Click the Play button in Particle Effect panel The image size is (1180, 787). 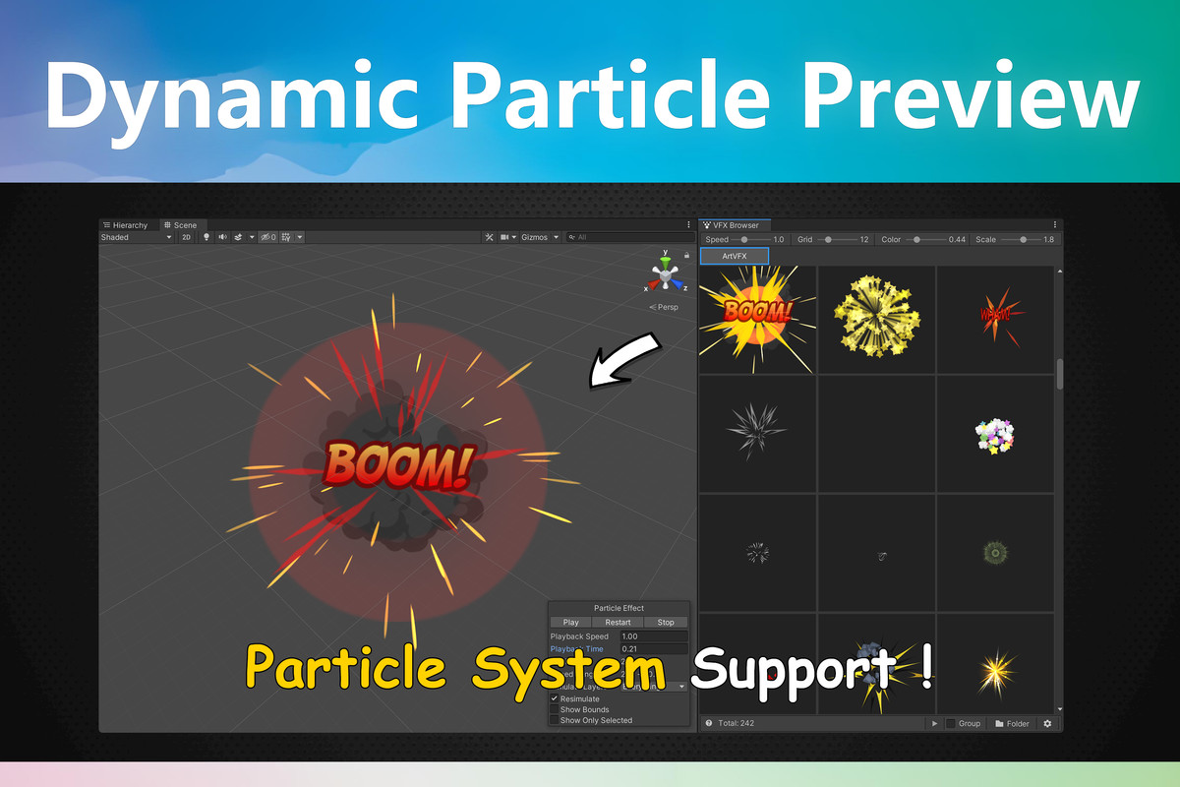click(x=570, y=622)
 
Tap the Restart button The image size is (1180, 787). click(x=618, y=622)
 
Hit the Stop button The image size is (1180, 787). click(x=666, y=622)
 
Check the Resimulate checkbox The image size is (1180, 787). click(x=555, y=698)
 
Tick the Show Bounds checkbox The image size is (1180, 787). click(x=555, y=709)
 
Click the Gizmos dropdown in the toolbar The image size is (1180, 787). click(x=540, y=237)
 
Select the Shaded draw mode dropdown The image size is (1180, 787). click(x=136, y=237)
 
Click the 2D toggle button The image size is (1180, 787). click(x=186, y=237)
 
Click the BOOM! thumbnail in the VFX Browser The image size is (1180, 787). click(x=757, y=318)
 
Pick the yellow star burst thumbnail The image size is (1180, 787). click(x=875, y=318)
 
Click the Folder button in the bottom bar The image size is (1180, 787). click(x=1012, y=723)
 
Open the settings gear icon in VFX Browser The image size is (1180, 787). click(x=1047, y=723)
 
